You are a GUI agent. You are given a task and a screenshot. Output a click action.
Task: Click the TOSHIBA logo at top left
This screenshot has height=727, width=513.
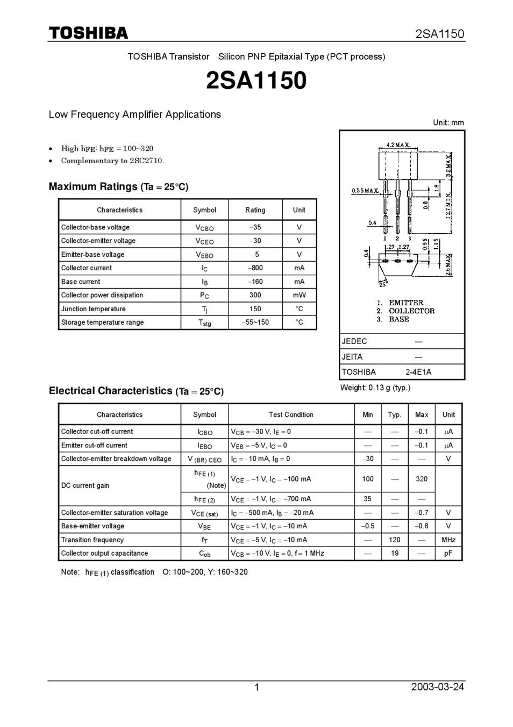(89, 33)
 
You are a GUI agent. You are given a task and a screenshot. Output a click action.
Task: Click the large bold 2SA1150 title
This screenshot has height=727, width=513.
(256, 81)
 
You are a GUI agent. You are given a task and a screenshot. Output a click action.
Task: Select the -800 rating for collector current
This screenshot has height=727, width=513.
(255, 268)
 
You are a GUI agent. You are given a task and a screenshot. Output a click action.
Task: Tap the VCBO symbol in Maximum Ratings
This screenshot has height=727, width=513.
(204, 228)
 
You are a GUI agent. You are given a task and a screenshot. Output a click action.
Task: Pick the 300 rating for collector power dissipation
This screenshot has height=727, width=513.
(255, 295)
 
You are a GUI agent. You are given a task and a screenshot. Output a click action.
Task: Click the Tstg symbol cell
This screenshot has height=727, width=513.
(204, 323)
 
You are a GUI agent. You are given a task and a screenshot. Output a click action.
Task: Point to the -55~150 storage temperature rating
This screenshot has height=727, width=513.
(255, 323)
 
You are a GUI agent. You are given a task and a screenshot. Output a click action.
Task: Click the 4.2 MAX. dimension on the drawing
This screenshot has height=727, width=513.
(398, 145)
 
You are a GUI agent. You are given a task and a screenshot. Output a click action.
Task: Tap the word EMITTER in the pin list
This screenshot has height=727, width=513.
(406, 303)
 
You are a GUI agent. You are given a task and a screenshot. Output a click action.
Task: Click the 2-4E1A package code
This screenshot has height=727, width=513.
(418, 372)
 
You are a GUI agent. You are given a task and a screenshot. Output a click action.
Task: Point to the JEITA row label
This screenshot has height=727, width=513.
(352, 356)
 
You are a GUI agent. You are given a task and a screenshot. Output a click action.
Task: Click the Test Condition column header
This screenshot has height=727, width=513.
(291, 415)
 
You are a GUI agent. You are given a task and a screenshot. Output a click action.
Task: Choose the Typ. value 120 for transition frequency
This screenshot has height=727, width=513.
(395, 540)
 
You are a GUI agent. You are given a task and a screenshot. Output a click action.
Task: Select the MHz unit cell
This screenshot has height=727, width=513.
(448, 540)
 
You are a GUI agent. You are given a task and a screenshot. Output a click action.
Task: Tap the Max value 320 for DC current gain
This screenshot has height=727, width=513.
(422, 479)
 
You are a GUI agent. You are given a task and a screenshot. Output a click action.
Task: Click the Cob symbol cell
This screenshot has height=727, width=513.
(204, 554)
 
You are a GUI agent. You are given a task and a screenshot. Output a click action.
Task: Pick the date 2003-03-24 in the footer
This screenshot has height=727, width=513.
(437, 687)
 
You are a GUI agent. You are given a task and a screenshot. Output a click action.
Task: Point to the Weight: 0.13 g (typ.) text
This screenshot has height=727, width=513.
(375, 388)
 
